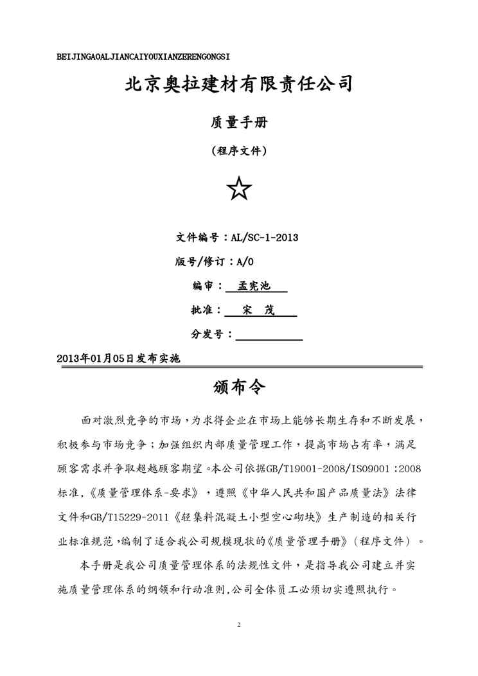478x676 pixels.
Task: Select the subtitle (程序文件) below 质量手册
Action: tap(239, 152)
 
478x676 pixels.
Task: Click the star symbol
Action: tap(239, 189)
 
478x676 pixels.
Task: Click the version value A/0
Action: tap(245, 262)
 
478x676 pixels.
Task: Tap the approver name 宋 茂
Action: tap(259, 310)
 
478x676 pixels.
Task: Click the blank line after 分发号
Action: tap(269, 334)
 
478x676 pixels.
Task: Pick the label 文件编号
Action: tap(198, 237)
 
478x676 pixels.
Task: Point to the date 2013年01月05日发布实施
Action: tap(118, 359)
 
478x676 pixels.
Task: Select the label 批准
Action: tap(204, 310)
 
